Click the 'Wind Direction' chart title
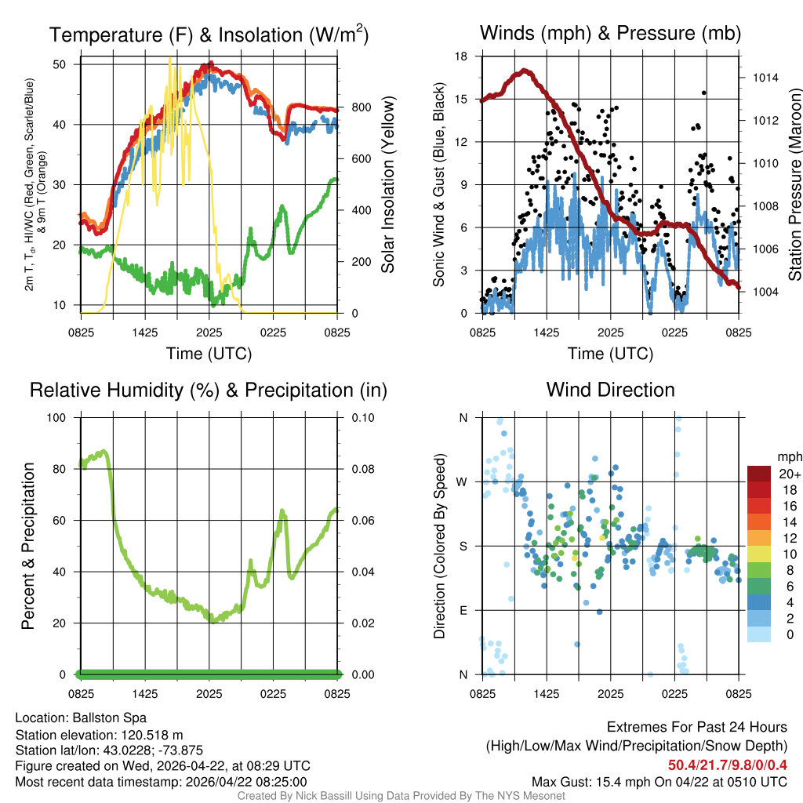[610, 390]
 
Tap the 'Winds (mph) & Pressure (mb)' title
[610, 34]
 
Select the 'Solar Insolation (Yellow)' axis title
[388, 185]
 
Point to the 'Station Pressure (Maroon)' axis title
[794, 185]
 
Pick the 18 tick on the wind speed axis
[462, 56]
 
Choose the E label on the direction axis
[463, 610]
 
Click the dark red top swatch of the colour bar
[759, 474]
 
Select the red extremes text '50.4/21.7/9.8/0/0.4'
[728, 765]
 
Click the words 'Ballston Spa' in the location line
[110, 718]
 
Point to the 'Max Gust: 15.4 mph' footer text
[598, 781]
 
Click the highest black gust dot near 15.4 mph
[704, 93]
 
